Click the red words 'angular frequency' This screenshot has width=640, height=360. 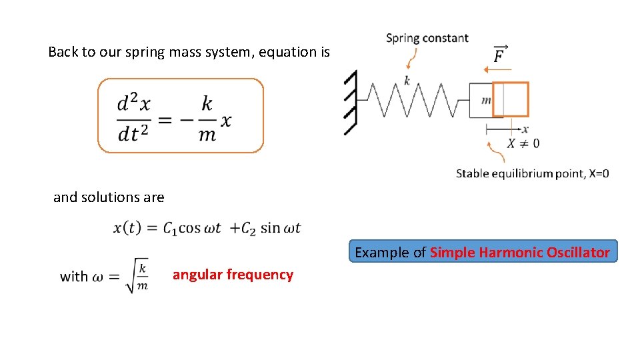pyautogui.click(x=233, y=275)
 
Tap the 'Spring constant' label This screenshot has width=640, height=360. pyautogui.click(x=427, y=39)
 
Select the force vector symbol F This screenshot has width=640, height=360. pyautogui.click(x=499, y=55)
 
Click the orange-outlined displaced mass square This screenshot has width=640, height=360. pyautogui.click(x=511, y=99)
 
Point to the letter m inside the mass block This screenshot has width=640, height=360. pyautogui.click(x=485, y=101)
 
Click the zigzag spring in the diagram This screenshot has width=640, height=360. pyautogui.click(x=413, y=100)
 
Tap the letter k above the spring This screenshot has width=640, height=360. pyautogui.click(x=407, y=81)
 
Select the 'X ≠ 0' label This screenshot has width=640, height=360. pyautogui.click(x=523, y=143)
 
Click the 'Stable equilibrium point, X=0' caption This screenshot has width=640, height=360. pyautogui.click(x=532, y=174)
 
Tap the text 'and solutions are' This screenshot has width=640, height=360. pyautogui.click(x=109, y=197)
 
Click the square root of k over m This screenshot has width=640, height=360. pyautogui.click(x=137, y=275)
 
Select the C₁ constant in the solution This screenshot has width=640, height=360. pyautogui.click(x=171, y=229)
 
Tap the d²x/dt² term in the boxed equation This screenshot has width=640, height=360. pyautogui.click(x=134, y=119)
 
